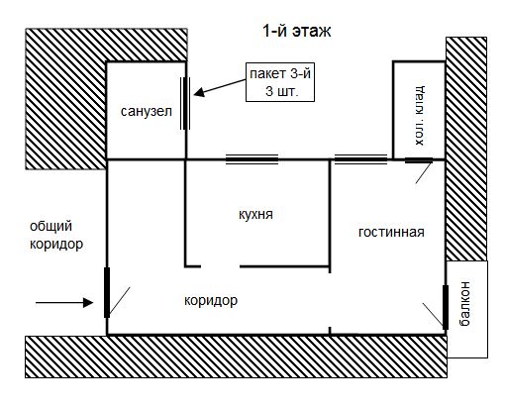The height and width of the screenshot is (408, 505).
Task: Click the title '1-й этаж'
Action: [296, 31]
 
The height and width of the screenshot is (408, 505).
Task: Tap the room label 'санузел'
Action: [147, 112]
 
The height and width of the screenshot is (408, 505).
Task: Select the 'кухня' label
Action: [255, 215]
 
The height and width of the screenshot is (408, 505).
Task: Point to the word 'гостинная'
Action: [391, 232]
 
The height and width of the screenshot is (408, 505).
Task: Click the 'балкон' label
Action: [464, 304]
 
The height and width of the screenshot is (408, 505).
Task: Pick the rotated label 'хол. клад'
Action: [420, 116]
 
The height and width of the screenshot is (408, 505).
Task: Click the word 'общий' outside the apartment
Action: [50, 227]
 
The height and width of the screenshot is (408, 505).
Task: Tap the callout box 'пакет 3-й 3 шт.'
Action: [280, 82]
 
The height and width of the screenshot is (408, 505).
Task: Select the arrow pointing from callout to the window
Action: [220, 87]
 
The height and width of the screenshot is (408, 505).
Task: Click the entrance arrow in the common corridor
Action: [64, 302]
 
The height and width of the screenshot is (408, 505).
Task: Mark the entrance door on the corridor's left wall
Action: [107, 292]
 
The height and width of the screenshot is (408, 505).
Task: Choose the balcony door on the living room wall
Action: [446, 307]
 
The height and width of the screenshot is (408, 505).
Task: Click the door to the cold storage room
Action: [419, 160]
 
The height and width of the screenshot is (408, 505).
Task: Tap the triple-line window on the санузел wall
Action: [185, 103]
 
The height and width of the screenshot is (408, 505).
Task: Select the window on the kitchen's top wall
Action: [252, 159]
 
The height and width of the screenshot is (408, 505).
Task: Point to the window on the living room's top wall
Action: [360, 159]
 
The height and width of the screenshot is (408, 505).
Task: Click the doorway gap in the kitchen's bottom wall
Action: [220, 266]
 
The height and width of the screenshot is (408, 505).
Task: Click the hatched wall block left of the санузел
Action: [66, 99]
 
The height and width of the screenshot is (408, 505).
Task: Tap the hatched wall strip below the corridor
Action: [236, 357]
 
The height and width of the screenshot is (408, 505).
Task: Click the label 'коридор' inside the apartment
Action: [211, 301]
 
